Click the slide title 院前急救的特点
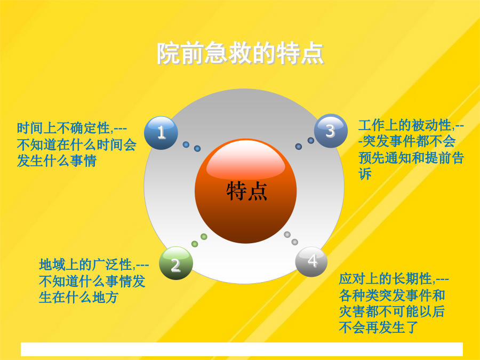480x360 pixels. click(241, 53)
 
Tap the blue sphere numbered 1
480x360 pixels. click(161, 133)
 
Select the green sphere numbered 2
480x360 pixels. click(176, 263)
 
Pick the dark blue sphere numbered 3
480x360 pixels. click(331, 131)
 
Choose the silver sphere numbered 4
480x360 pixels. click(311, 262)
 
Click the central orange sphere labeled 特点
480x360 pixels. click(246, 191)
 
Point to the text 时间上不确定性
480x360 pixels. click(63, 128)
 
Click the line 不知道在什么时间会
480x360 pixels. click(76, 145)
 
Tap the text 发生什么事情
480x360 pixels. click(57, 161)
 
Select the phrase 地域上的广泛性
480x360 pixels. click(86, 265)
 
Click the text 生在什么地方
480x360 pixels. click(79, 297)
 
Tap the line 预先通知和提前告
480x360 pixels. click(411, 158)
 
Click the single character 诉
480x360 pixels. click(365, 174)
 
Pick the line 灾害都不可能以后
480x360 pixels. click(392, 311)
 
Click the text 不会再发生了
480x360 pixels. click(379, 328)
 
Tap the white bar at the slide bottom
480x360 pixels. click(242, 349)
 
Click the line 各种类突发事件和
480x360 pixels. click(392, 295)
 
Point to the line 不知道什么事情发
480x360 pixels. click(92, 281)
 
